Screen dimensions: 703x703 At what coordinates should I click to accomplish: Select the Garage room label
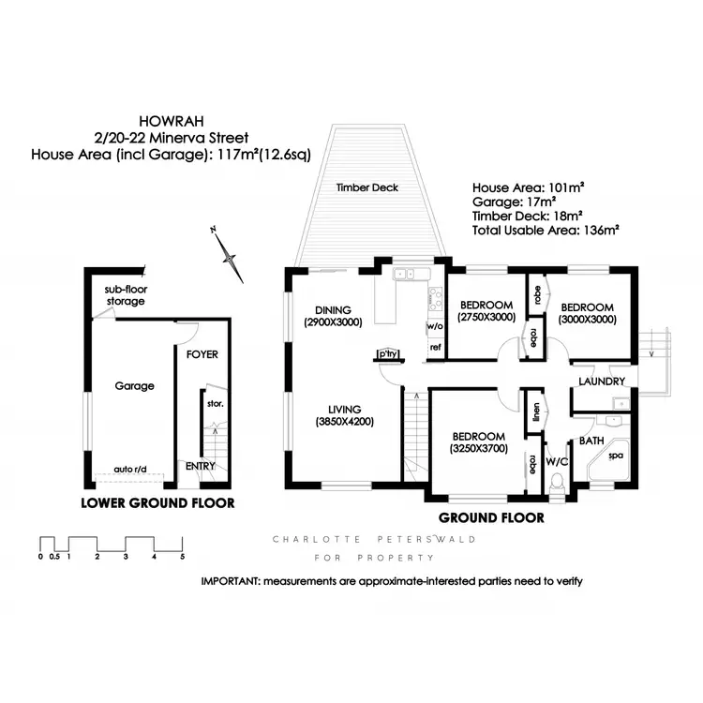coord(134,385)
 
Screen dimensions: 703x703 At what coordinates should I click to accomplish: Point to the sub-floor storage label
coord(125,295)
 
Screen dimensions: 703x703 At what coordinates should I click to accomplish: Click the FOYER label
coord(202,355)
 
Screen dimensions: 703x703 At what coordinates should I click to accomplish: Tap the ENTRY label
coord(200,466)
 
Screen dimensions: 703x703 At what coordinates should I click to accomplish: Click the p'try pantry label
coord(387,353)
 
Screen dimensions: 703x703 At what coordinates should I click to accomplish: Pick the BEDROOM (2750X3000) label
coord(486,311)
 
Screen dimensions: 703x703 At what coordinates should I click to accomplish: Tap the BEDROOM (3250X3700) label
coord(479,442)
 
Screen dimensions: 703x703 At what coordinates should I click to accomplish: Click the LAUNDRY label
coord(602,381)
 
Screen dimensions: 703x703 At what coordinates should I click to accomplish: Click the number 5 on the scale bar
coord(182,557)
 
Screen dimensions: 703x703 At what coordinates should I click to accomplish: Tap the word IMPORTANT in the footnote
coord(231,581)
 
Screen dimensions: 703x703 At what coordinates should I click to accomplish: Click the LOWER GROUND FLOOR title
coord(157,503)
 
